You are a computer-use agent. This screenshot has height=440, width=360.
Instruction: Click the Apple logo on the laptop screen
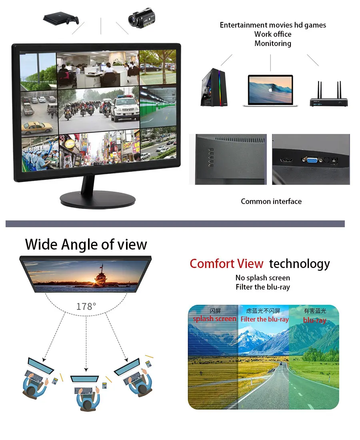click(x=270, y=90)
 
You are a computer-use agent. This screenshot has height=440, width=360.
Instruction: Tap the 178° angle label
click(x=86, y=307)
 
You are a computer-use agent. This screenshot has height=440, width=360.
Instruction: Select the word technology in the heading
click(x=299, y=264)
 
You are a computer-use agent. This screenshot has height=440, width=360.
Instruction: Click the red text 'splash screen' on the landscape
click(x=215, y=319)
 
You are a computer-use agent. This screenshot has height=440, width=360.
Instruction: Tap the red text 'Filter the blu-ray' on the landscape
click(x=264, y=319)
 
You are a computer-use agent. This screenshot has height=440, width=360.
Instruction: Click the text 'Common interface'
click(x=271, y=202)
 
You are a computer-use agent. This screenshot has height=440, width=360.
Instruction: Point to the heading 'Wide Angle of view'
click(x=86, y=244)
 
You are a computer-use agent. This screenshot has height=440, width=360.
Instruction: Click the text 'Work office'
click(x=273, y=34)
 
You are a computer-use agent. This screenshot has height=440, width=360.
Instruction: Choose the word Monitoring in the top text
click(x=273, y=44)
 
